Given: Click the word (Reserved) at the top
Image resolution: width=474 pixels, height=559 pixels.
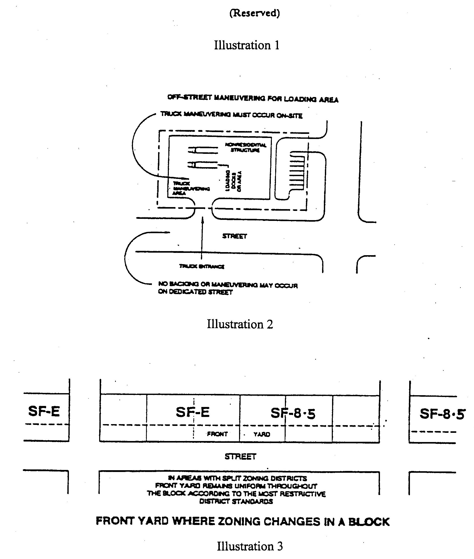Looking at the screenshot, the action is coord(254,13).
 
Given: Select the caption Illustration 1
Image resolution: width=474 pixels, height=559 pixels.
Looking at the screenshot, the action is coord(246,45).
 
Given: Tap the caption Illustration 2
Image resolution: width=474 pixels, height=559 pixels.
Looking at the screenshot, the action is coord(240,324).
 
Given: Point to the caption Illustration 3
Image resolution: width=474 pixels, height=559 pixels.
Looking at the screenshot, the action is coord(250,546).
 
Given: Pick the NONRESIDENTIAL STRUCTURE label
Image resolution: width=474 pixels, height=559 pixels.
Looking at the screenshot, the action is coord(245,147).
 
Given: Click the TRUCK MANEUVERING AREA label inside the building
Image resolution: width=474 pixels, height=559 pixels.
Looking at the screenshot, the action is coord(191,188).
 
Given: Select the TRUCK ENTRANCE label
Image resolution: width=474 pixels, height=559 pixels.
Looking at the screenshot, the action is coord(202,266).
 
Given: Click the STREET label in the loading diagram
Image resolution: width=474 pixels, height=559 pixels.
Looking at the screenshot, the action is coord(234,236).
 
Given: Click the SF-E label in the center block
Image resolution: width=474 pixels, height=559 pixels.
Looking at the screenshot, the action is coord(193,412).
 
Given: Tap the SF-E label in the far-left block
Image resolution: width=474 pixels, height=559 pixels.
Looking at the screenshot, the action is coord(44,411).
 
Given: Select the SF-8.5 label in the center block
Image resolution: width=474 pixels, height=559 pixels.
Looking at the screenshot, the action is coord(293,413).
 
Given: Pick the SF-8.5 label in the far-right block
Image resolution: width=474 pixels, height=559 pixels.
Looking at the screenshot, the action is coord(442,414).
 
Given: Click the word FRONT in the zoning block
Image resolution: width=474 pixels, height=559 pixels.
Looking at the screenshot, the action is coord(217,434).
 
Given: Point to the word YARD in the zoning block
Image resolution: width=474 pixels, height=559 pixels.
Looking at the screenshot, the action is coord(261,434).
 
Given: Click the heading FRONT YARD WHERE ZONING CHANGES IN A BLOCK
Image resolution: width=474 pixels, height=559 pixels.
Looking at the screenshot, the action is coord(242,521).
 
